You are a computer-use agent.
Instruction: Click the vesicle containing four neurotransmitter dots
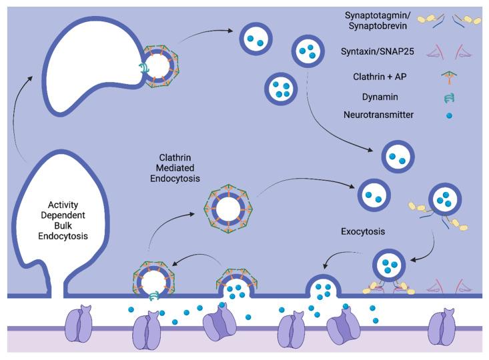point(281,88)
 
